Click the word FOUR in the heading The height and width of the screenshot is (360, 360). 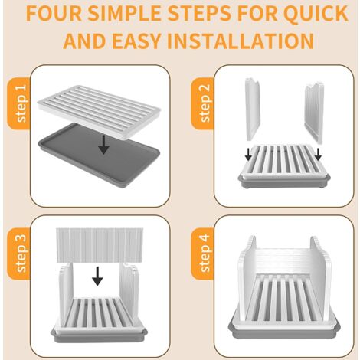(54, 13)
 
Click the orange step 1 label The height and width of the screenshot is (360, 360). (19, 103)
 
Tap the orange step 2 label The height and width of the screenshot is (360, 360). (202, 103)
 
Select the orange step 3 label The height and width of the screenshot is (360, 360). (19, 254)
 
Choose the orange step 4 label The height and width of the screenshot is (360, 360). (202, 254)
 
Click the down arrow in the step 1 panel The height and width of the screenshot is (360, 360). (103, 145)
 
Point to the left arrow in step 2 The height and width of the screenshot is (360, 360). (248, 155)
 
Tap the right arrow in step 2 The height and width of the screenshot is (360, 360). (318, 155)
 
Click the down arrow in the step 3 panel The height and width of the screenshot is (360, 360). (97, 276)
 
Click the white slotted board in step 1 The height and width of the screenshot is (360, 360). (99, 112)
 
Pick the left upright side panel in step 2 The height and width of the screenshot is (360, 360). (253, 109)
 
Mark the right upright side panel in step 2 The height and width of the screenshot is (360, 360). (314, 113)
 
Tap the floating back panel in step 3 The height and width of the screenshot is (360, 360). (100, 245)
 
